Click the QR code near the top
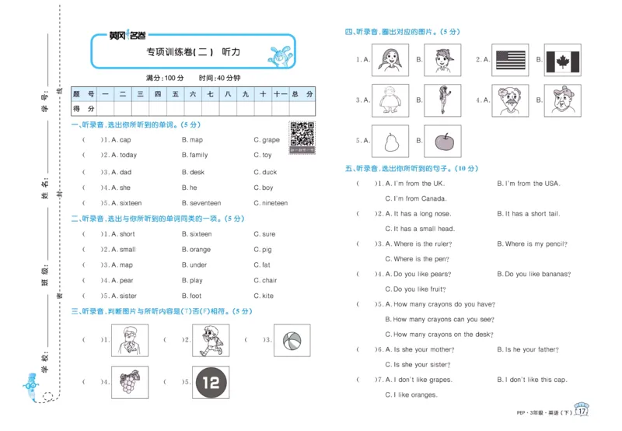[x=302, y=135]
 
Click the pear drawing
[x=390, y=141]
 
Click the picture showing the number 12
[x=210, y=382]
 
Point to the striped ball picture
[x=291, y=340]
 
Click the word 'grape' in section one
[x=271, y=140]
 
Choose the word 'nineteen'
[x=274, y=203]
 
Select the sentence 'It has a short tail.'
[x=532, y=213]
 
